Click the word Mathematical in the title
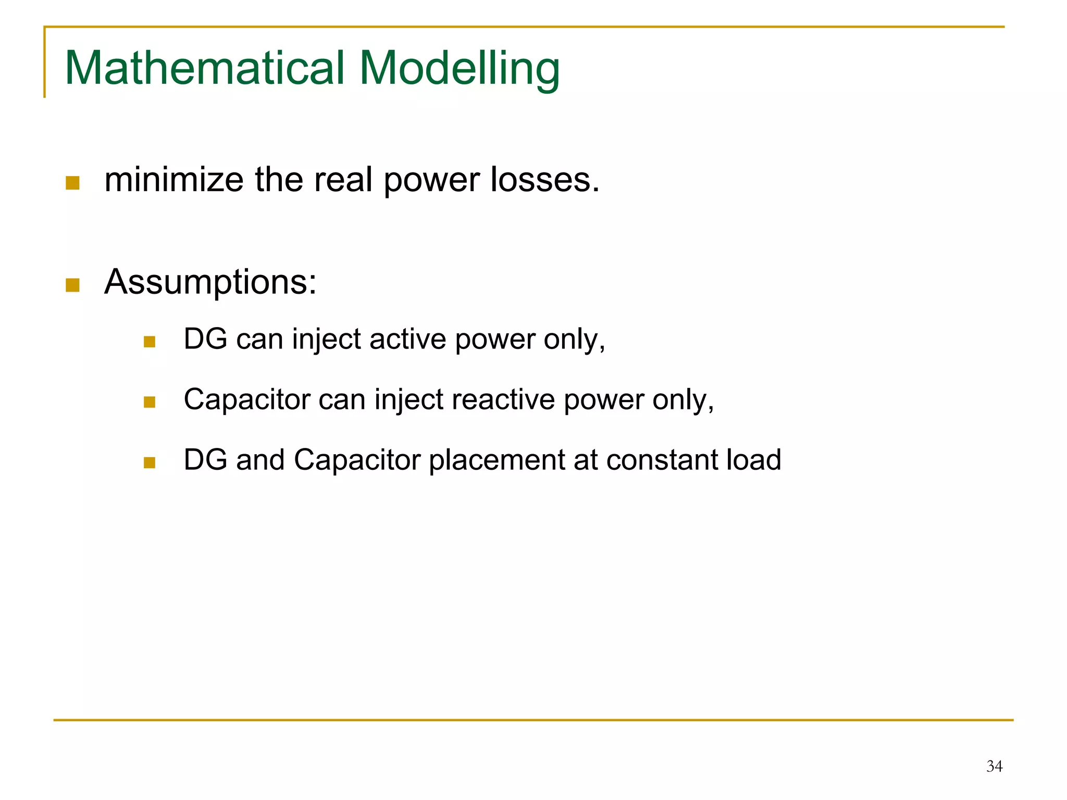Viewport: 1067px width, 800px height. tap(204, 68)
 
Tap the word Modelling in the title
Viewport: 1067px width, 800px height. tap(460, 68)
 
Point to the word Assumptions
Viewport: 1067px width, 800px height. tap(210, 283)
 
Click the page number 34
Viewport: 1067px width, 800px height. tap(994, 766)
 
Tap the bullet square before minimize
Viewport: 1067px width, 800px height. tap(72, 183)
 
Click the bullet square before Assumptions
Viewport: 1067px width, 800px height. tap(72, 285)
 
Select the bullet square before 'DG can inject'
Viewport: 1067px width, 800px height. tap(150, 342)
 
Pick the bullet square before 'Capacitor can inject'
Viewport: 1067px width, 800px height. tap(150, 402)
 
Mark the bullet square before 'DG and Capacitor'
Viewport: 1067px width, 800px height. tap(150, 463)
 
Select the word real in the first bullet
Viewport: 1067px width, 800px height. tap(343, 180)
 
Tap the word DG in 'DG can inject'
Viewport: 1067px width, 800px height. tap(205, 340)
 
